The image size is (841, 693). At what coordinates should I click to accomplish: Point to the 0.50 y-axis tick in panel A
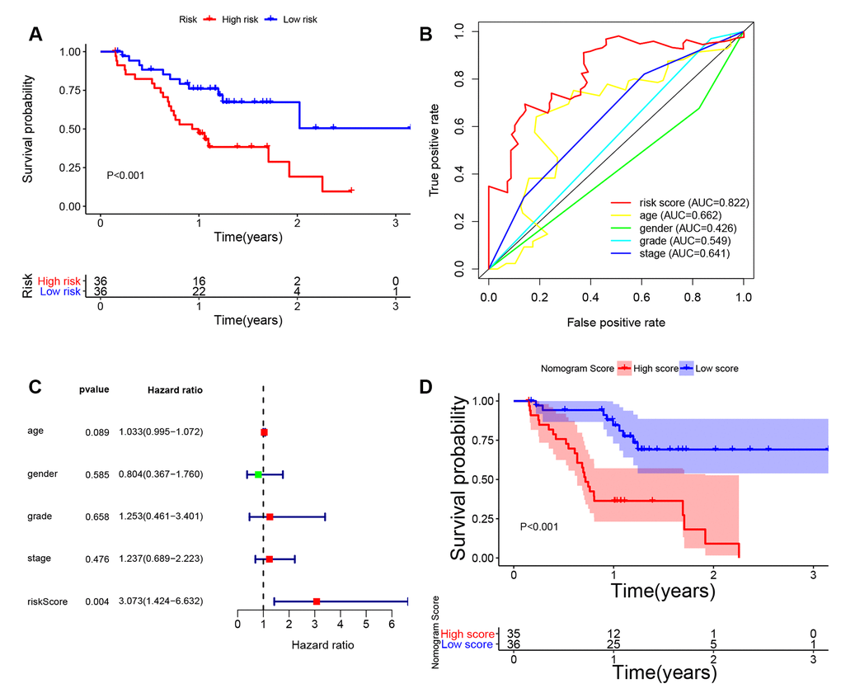pyautogui.click(x=71, y=129)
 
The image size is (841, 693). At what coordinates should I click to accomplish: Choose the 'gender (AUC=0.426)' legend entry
pyautogui.click(x=673, y=228)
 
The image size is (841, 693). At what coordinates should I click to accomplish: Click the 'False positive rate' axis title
pyautogui.click(x=616, y=322)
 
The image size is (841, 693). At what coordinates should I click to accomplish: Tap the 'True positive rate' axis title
pyautogui.click(x=434, y=148)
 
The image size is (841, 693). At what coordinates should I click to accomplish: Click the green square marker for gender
pyautogui.click(x=258, y=474)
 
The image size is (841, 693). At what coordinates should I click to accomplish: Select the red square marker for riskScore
pyautogui.click(x=317, y=601)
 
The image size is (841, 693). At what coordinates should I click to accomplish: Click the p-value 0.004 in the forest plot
pyautogui.click(x=96, y=601)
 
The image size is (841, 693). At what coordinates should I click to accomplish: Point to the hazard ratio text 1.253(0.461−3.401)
pyautogui.click(x=162, y=516)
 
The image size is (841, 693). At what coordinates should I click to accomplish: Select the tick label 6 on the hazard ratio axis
pyautogui.click(x=392, y=625)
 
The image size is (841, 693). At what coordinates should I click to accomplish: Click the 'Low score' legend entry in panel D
pyautogui.click(x=715, y=368)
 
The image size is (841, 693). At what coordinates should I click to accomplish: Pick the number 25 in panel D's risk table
pyautogui.click(x=613, y=643)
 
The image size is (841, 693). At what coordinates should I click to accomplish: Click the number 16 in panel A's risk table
pyautogui.click(x=198, y=280)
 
